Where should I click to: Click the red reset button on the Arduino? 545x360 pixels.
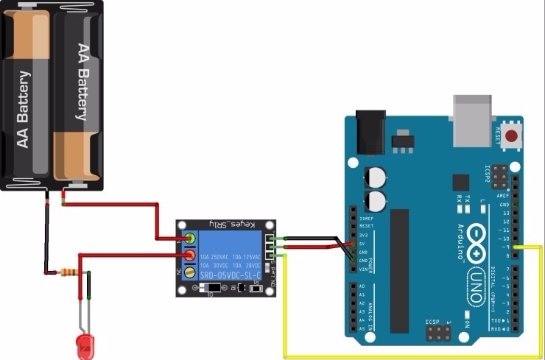click(509, 133)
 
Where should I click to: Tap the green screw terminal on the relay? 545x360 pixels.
click(191, 239)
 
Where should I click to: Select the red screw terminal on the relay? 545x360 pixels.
click(190, 255)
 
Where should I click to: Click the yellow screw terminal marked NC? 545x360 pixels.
click(190, 272)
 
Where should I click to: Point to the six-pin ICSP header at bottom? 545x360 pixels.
click(439, 334)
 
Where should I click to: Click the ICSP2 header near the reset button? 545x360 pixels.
click(499, 176)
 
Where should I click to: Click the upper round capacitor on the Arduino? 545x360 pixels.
click(375, 176)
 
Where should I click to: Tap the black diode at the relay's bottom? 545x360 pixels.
click(213, 287)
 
